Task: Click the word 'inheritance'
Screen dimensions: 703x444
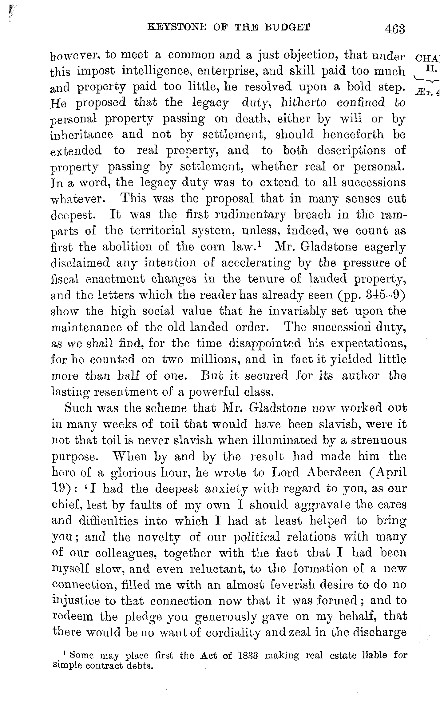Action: click(x=81, y=135)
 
